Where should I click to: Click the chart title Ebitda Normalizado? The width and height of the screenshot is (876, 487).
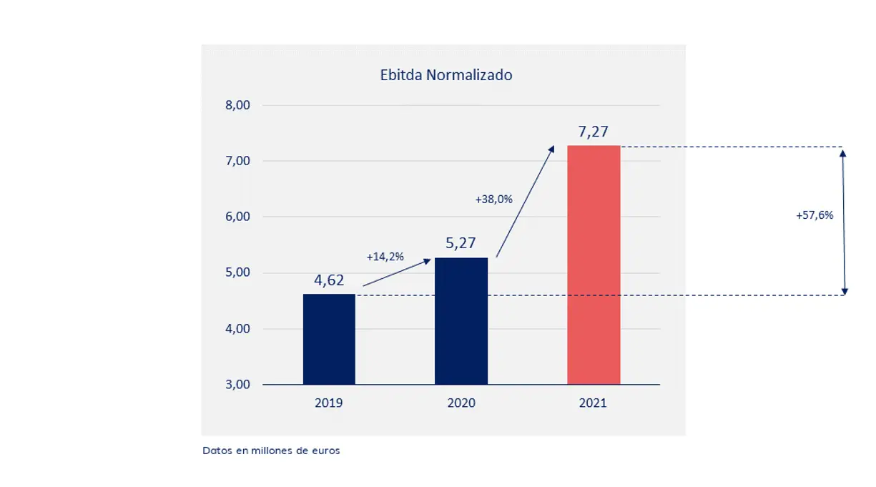pos(446,74)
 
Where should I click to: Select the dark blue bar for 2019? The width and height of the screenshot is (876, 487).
pos(329,339)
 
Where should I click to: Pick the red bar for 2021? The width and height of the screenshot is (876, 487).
pos(594,265)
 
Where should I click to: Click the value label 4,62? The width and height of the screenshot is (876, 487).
pos(329,280)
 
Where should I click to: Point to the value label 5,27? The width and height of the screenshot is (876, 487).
pos(461,243)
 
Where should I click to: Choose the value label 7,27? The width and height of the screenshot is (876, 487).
pos(594,132)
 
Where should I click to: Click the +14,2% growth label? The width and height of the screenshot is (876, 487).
pos(385,256)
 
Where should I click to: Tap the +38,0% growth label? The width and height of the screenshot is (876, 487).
pos(494,200)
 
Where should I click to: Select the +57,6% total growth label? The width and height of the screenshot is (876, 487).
pos(815,215)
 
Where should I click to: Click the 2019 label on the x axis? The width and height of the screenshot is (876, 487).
pos(329,403)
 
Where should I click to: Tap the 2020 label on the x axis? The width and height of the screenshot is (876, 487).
pos(461,403)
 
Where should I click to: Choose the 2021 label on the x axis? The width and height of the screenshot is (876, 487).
pos(594,403)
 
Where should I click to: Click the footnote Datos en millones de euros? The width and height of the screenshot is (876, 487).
pos(271,451)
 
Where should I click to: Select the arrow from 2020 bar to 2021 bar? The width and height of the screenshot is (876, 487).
pos(525,202)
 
